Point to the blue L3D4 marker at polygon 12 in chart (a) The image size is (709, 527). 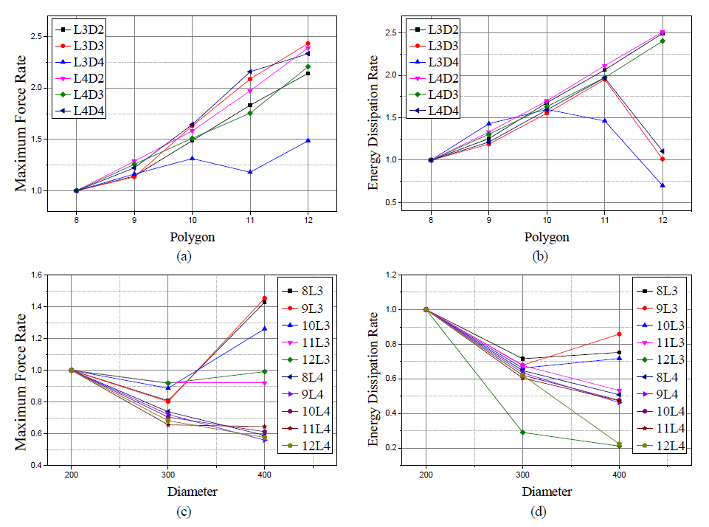[308, 140]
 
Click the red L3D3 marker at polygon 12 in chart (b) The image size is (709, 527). [662, 159]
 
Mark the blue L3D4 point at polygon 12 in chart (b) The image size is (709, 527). [662, 185]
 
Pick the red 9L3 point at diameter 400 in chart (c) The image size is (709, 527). [264, 299]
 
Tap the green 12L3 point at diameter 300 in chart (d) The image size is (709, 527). [522, 432]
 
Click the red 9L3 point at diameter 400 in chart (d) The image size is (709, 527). [618, 334]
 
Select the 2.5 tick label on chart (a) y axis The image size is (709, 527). [35, 36]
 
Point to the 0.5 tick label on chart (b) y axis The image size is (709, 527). [390, 203]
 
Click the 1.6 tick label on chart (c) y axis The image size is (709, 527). [35, 275]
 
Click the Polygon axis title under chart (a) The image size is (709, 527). [193, 238]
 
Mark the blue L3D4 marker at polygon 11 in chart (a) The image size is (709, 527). [250, 172]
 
